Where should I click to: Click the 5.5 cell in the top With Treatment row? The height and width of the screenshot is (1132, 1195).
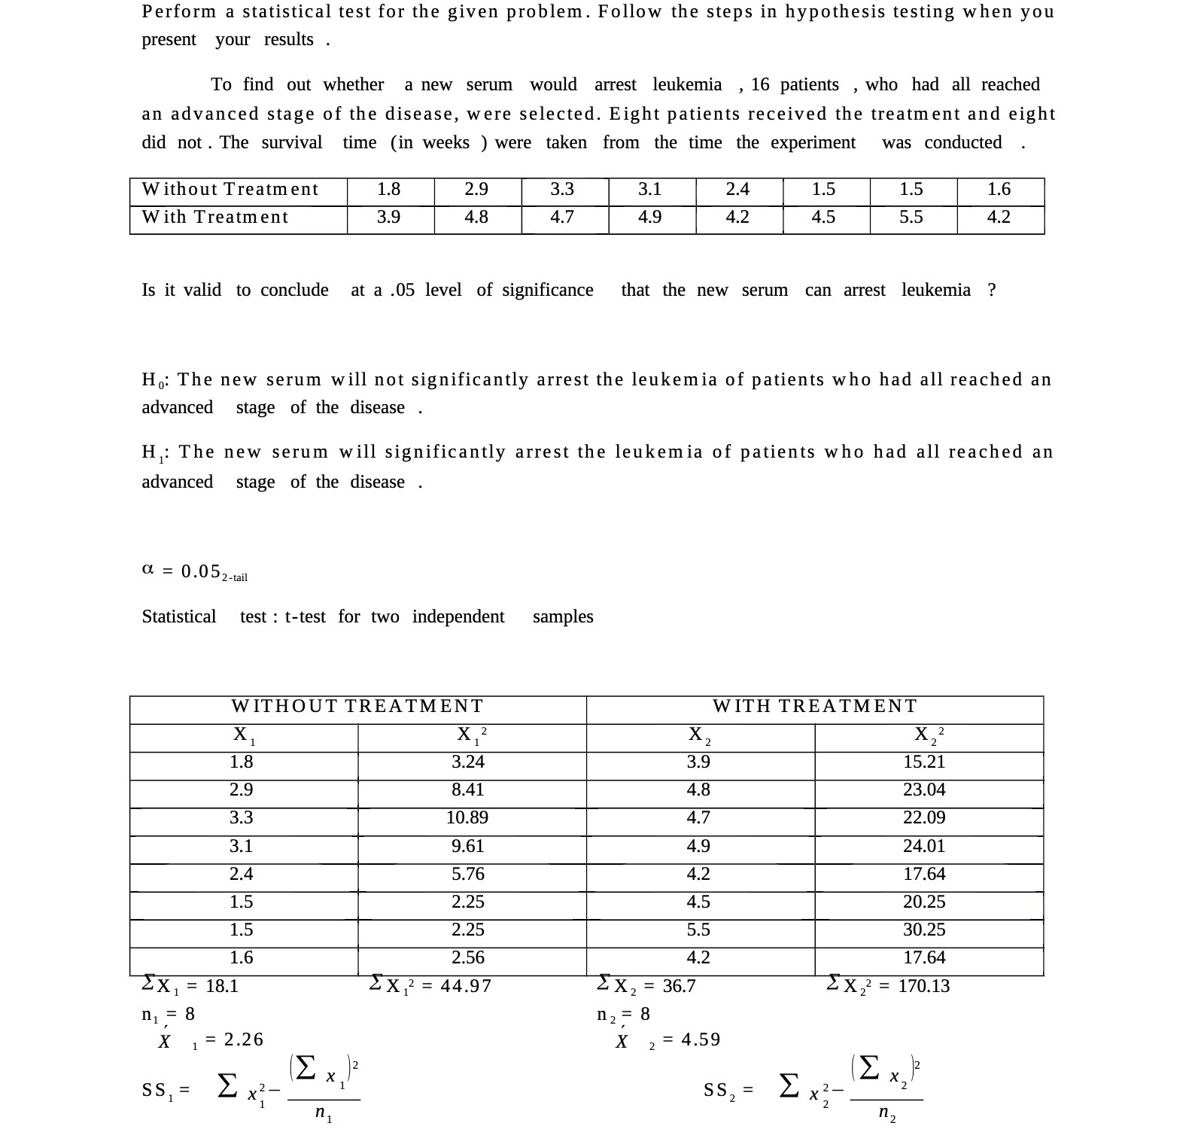pos(911,218)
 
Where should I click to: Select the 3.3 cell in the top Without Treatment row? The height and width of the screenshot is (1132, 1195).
pos(562,190)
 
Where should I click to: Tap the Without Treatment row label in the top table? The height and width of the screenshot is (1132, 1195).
pos(230,190)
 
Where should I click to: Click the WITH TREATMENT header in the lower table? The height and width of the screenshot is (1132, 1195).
pos(815,706)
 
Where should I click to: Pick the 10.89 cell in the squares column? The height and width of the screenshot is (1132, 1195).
pos(467,818)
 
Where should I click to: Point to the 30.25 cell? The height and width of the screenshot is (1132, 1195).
pos(924,930)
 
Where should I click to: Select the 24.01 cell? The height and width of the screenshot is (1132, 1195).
pos(924,847)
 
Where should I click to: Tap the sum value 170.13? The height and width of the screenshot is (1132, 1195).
pos(924,987)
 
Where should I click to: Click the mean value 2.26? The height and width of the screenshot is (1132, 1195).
pos(244,1040)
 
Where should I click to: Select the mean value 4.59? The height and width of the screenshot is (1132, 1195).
pos(701,1040)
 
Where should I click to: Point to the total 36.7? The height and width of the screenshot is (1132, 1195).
pos(679,987)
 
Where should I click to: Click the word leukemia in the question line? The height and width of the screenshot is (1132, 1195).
pos(935,291)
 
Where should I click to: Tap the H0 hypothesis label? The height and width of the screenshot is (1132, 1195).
pos(154,380)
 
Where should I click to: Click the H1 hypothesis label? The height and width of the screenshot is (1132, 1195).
pos(154,453)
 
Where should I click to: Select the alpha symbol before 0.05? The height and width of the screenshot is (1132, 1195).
pos(147,570)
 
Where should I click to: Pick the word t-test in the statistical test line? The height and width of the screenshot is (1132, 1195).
pos(305,617)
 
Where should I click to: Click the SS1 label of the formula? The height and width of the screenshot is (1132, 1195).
pos(158,1090)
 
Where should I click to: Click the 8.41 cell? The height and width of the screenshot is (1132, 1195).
pos(467,790)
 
